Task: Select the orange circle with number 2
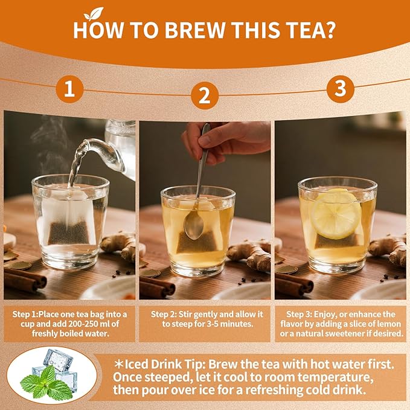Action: coord(205,95)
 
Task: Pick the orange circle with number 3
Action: coord(341,89)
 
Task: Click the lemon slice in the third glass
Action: coord(336,214)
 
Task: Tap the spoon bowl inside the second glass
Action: coord(194,225)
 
